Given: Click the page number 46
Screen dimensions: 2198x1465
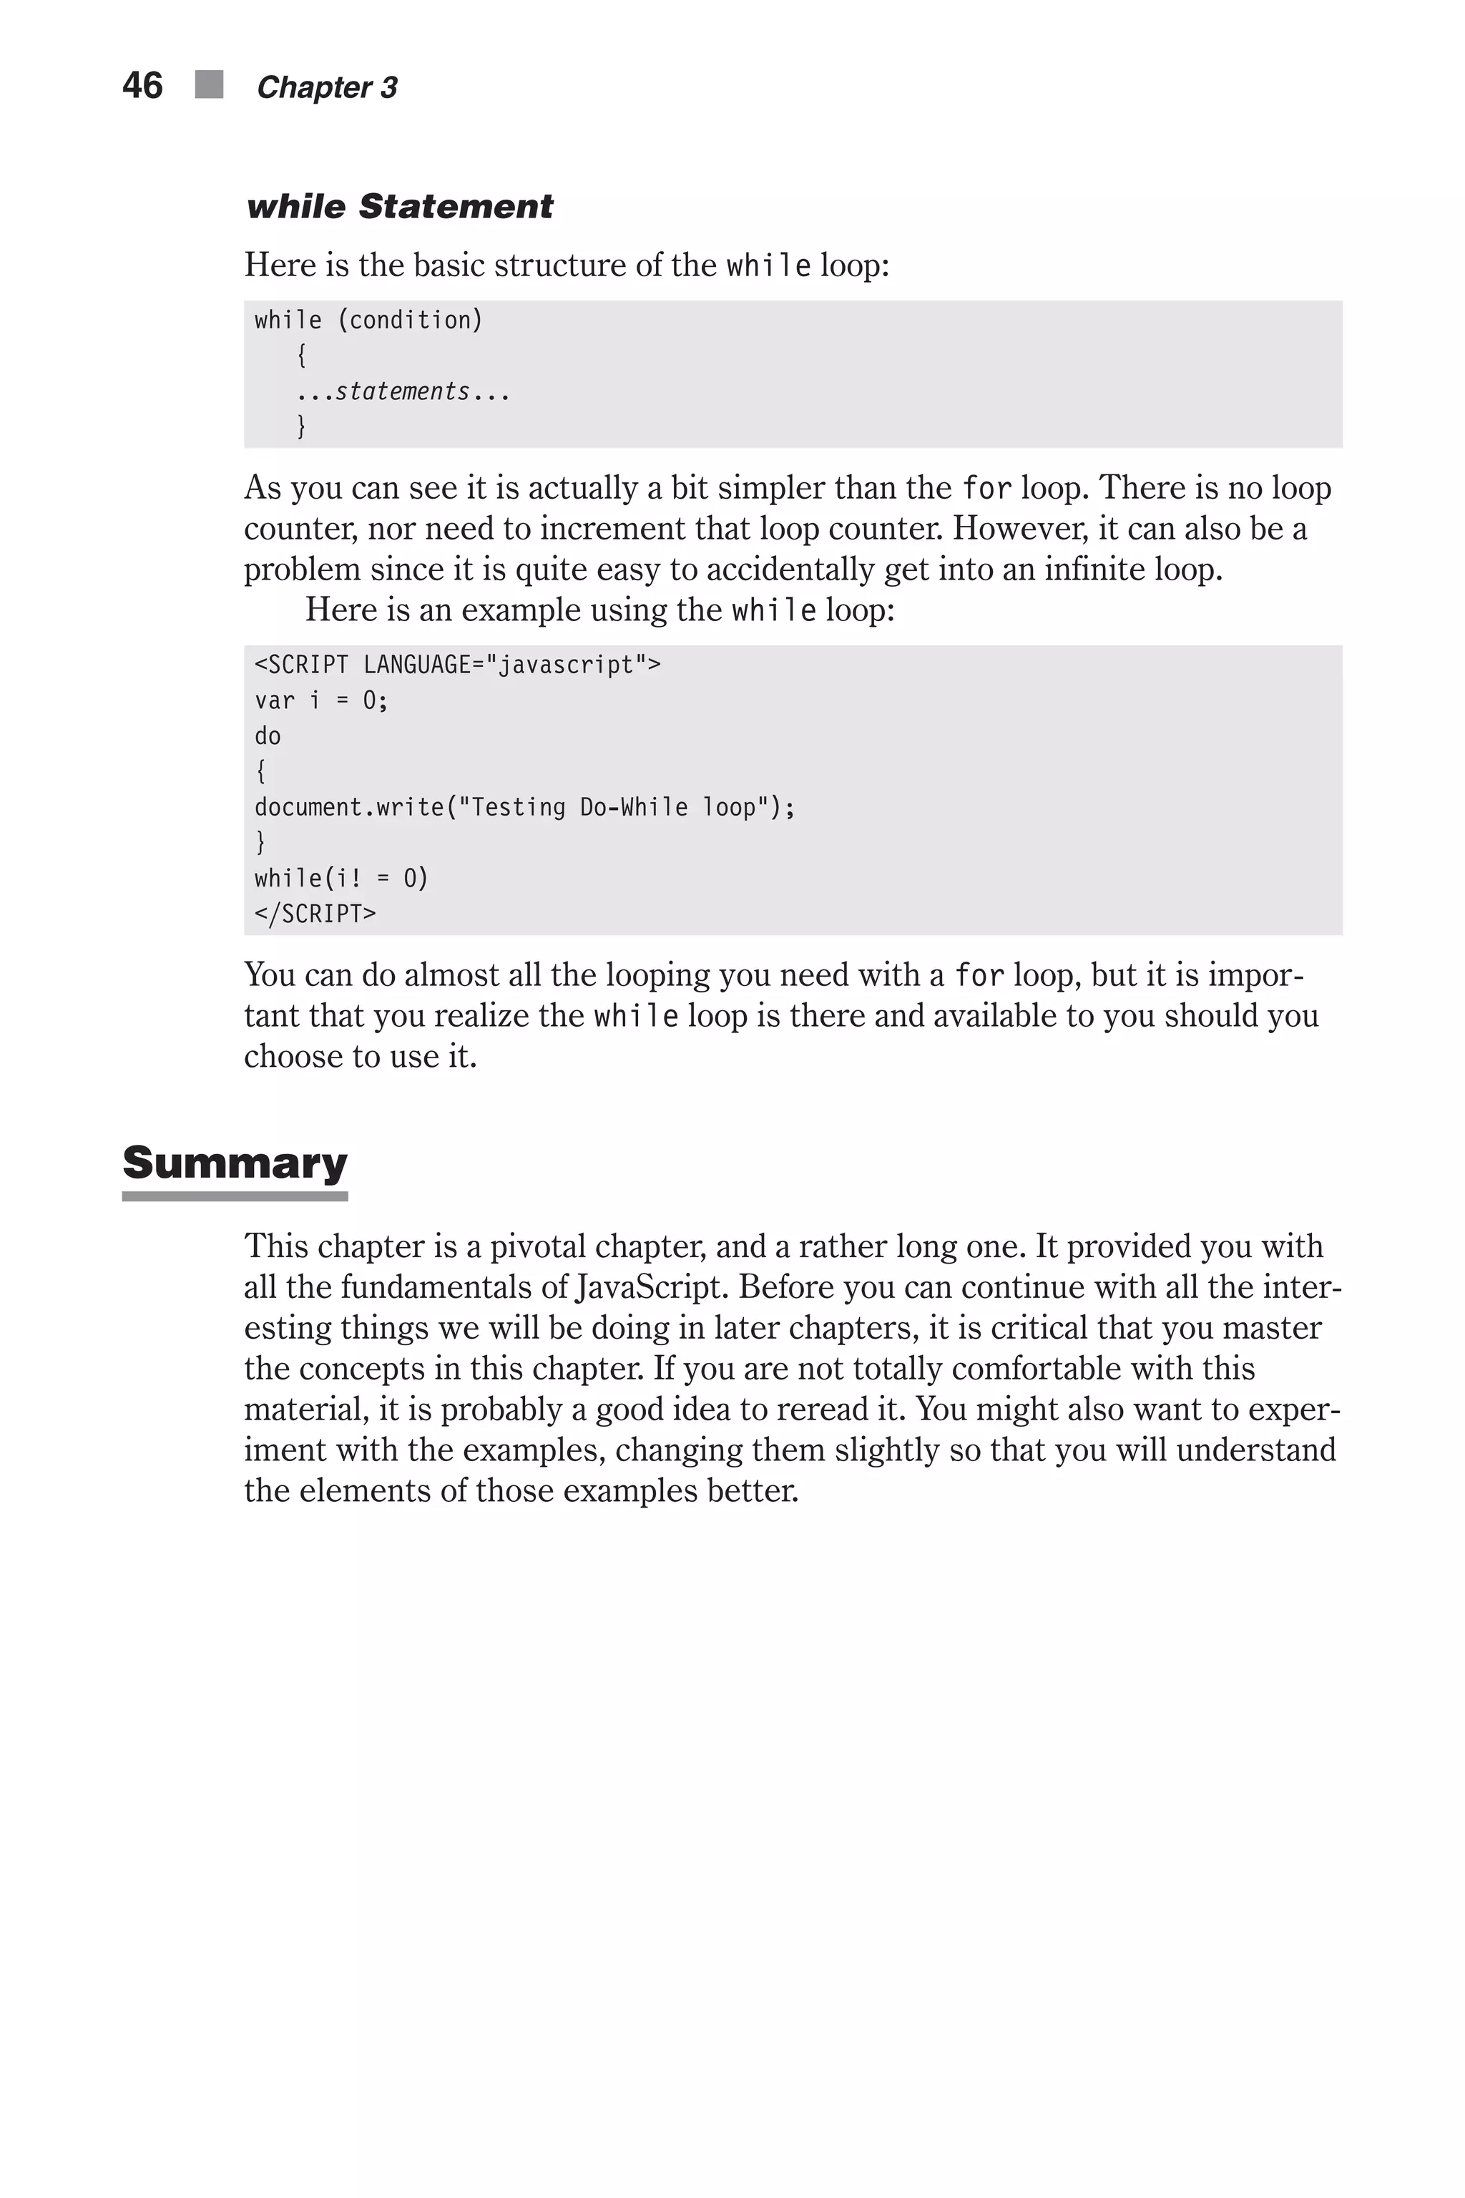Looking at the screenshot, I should coord(142,86).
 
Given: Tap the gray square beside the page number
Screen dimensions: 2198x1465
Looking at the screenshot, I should coord(210,85).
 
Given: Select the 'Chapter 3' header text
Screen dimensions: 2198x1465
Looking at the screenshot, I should coord(327,88).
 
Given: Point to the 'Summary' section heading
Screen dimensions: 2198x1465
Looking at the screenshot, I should coord(235,1163).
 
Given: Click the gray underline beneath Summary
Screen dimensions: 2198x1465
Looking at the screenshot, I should coord(235,1196).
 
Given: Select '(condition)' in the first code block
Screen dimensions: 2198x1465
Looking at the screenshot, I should coord(410,321).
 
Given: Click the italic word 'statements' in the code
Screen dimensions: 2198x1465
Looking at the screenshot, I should coord(403,391).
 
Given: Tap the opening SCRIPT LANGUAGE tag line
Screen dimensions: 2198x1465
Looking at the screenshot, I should coord(457,665).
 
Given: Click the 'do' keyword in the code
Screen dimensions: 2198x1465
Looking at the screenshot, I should coord(268,736).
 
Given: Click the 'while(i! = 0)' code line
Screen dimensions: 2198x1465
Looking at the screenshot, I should coord(341,879).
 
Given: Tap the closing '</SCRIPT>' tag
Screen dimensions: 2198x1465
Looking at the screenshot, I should coord(315,914).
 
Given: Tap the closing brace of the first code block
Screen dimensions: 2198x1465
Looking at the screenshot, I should coord(301,426).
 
